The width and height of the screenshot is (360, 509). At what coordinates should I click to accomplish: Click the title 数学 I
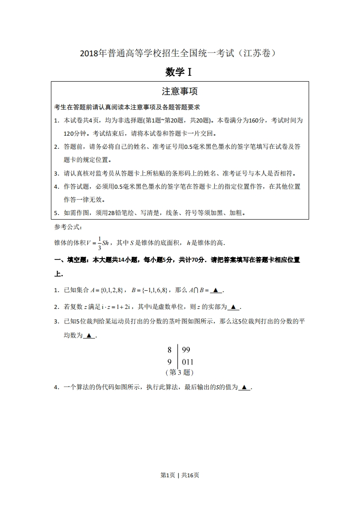point(180,72)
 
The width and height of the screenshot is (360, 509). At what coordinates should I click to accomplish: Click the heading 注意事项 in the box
point(180,91)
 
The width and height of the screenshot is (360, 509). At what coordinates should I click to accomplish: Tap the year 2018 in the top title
point(89,54)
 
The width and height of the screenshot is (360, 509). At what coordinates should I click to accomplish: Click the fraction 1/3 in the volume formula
point(99,243)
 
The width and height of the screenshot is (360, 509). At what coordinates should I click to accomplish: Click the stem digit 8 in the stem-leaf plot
point(169,350)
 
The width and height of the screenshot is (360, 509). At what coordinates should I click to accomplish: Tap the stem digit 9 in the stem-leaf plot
point(169,362)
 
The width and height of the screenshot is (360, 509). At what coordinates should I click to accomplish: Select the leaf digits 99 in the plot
point(186,350)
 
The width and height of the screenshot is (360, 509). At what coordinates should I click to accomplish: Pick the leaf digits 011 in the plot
point(187,362)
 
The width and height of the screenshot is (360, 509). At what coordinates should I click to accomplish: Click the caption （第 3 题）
point(180,372)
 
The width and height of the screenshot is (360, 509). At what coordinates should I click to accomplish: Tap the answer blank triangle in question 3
point(89,336)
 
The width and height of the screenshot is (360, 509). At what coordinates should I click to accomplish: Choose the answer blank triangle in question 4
point(244,387)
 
